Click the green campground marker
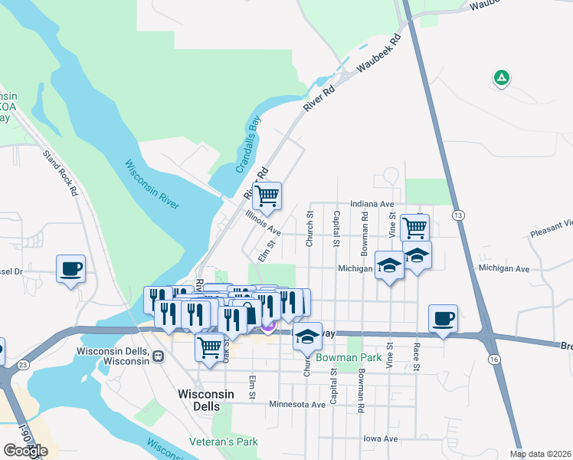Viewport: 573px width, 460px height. (501, 77)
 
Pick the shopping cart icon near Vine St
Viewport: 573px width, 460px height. (414, 227)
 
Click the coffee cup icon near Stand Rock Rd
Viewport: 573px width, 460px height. (70, 269)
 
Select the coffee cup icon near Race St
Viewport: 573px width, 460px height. (444, 318)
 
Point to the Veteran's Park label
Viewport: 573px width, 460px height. (224, 442)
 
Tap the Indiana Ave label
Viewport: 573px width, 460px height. (372, 205)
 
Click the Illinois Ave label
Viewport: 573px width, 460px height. (262, 223)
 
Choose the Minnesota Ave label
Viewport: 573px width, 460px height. (297, 404)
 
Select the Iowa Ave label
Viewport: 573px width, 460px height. (380, 439)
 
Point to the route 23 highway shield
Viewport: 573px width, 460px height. (25, 364)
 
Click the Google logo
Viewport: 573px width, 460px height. (25, 451)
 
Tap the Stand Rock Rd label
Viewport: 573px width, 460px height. (61, 172)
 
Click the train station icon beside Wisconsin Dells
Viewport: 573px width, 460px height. (159, 355)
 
